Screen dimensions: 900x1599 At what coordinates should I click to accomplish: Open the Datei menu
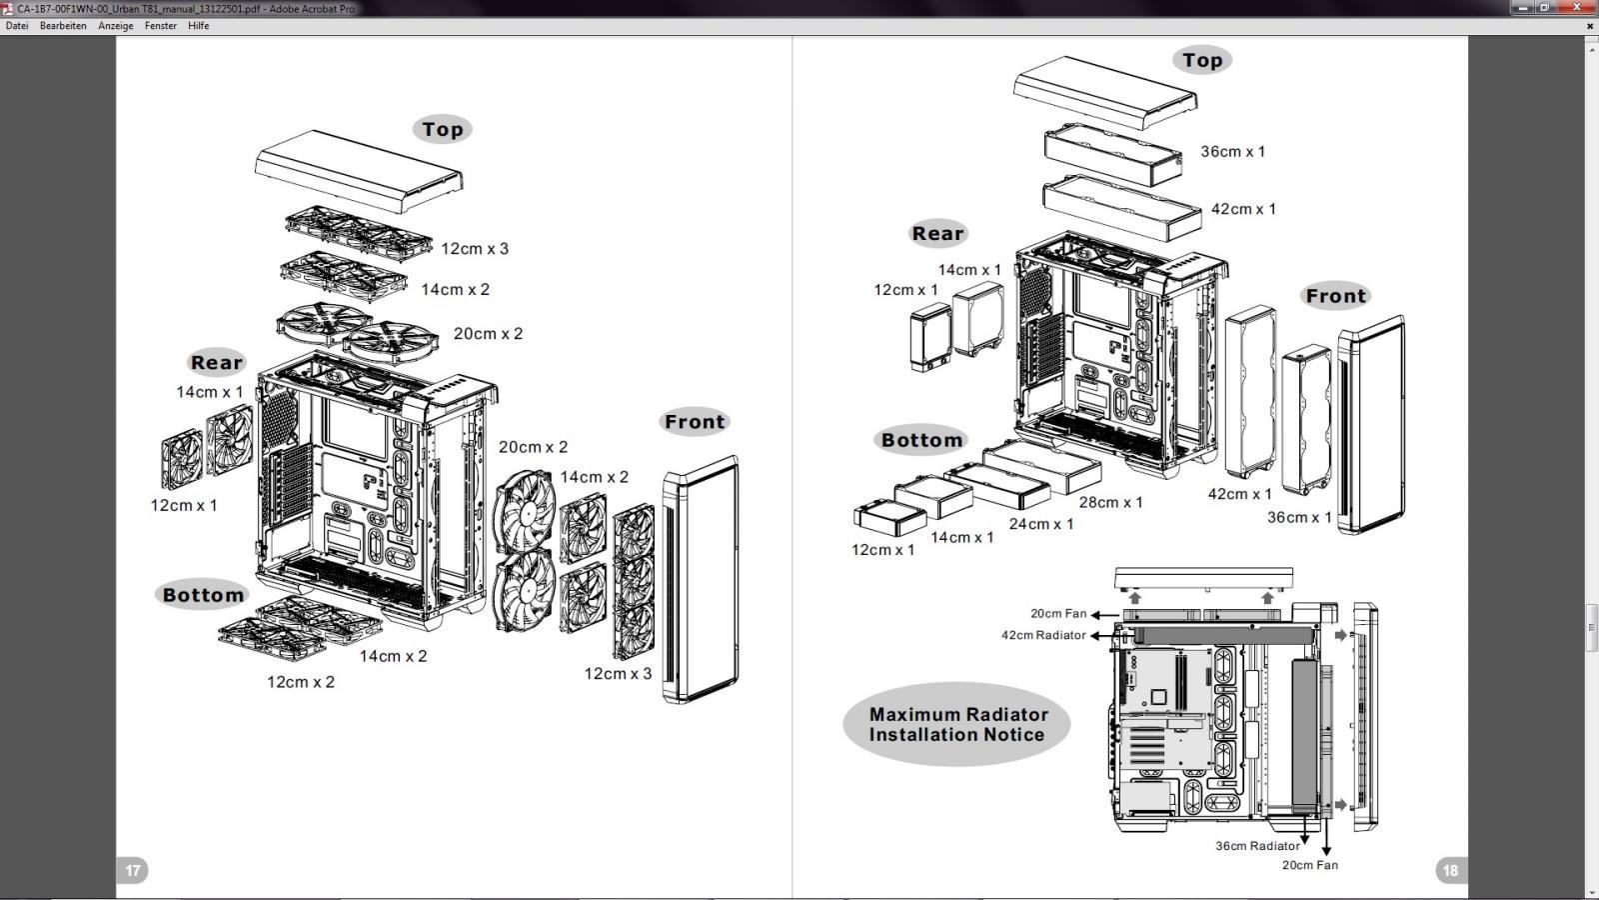pos(17,26)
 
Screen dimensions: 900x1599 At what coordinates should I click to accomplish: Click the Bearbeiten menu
pos(63,26)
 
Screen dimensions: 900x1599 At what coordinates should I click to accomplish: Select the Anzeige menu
pos(116,26)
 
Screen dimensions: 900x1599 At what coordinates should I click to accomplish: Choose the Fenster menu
pos(161,26)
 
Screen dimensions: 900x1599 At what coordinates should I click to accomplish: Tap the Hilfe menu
pos(199,26)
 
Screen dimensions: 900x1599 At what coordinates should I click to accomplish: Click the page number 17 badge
pos(133,870)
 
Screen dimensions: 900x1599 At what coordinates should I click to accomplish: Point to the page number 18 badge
pos(1450,870)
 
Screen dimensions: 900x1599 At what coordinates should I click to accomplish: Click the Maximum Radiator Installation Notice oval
pos(956,724)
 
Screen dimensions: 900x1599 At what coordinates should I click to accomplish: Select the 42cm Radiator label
pos(1043,635)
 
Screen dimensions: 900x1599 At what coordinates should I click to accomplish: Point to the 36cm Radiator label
pos(1257,846)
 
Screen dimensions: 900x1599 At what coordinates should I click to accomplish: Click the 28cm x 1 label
pos(1111,502)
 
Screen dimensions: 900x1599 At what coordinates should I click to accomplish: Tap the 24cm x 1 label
pos(1041,523)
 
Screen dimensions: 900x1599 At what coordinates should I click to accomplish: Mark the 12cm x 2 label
pos(301,682)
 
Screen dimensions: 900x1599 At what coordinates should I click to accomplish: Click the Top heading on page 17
pos(442,129)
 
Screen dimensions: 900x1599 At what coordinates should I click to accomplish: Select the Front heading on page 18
pos(1335,296)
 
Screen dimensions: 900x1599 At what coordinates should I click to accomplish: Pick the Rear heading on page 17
pos(216,363)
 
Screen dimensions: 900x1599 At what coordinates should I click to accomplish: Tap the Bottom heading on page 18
pos(921,440)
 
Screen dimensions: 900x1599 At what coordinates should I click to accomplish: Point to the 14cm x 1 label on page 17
pos(210,392)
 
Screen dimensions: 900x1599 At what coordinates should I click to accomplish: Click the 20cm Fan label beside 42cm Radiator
pos(1058,614)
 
